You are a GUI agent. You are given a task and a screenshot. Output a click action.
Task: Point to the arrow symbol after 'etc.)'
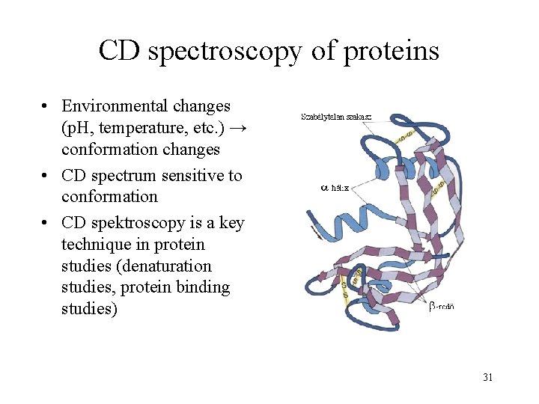tap(237, 128)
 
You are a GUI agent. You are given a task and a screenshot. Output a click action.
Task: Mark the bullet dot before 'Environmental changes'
tap(46, 107)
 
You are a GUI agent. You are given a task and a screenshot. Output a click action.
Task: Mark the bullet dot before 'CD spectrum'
tap(46, 177)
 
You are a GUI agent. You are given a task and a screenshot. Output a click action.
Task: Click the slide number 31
tap(487, 377)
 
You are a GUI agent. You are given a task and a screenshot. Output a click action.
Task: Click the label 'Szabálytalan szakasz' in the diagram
tap(337, 117)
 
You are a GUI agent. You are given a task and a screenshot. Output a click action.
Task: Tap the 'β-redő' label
tap(441, 305)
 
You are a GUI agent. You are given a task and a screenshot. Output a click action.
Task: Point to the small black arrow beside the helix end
tap(321, 236)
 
